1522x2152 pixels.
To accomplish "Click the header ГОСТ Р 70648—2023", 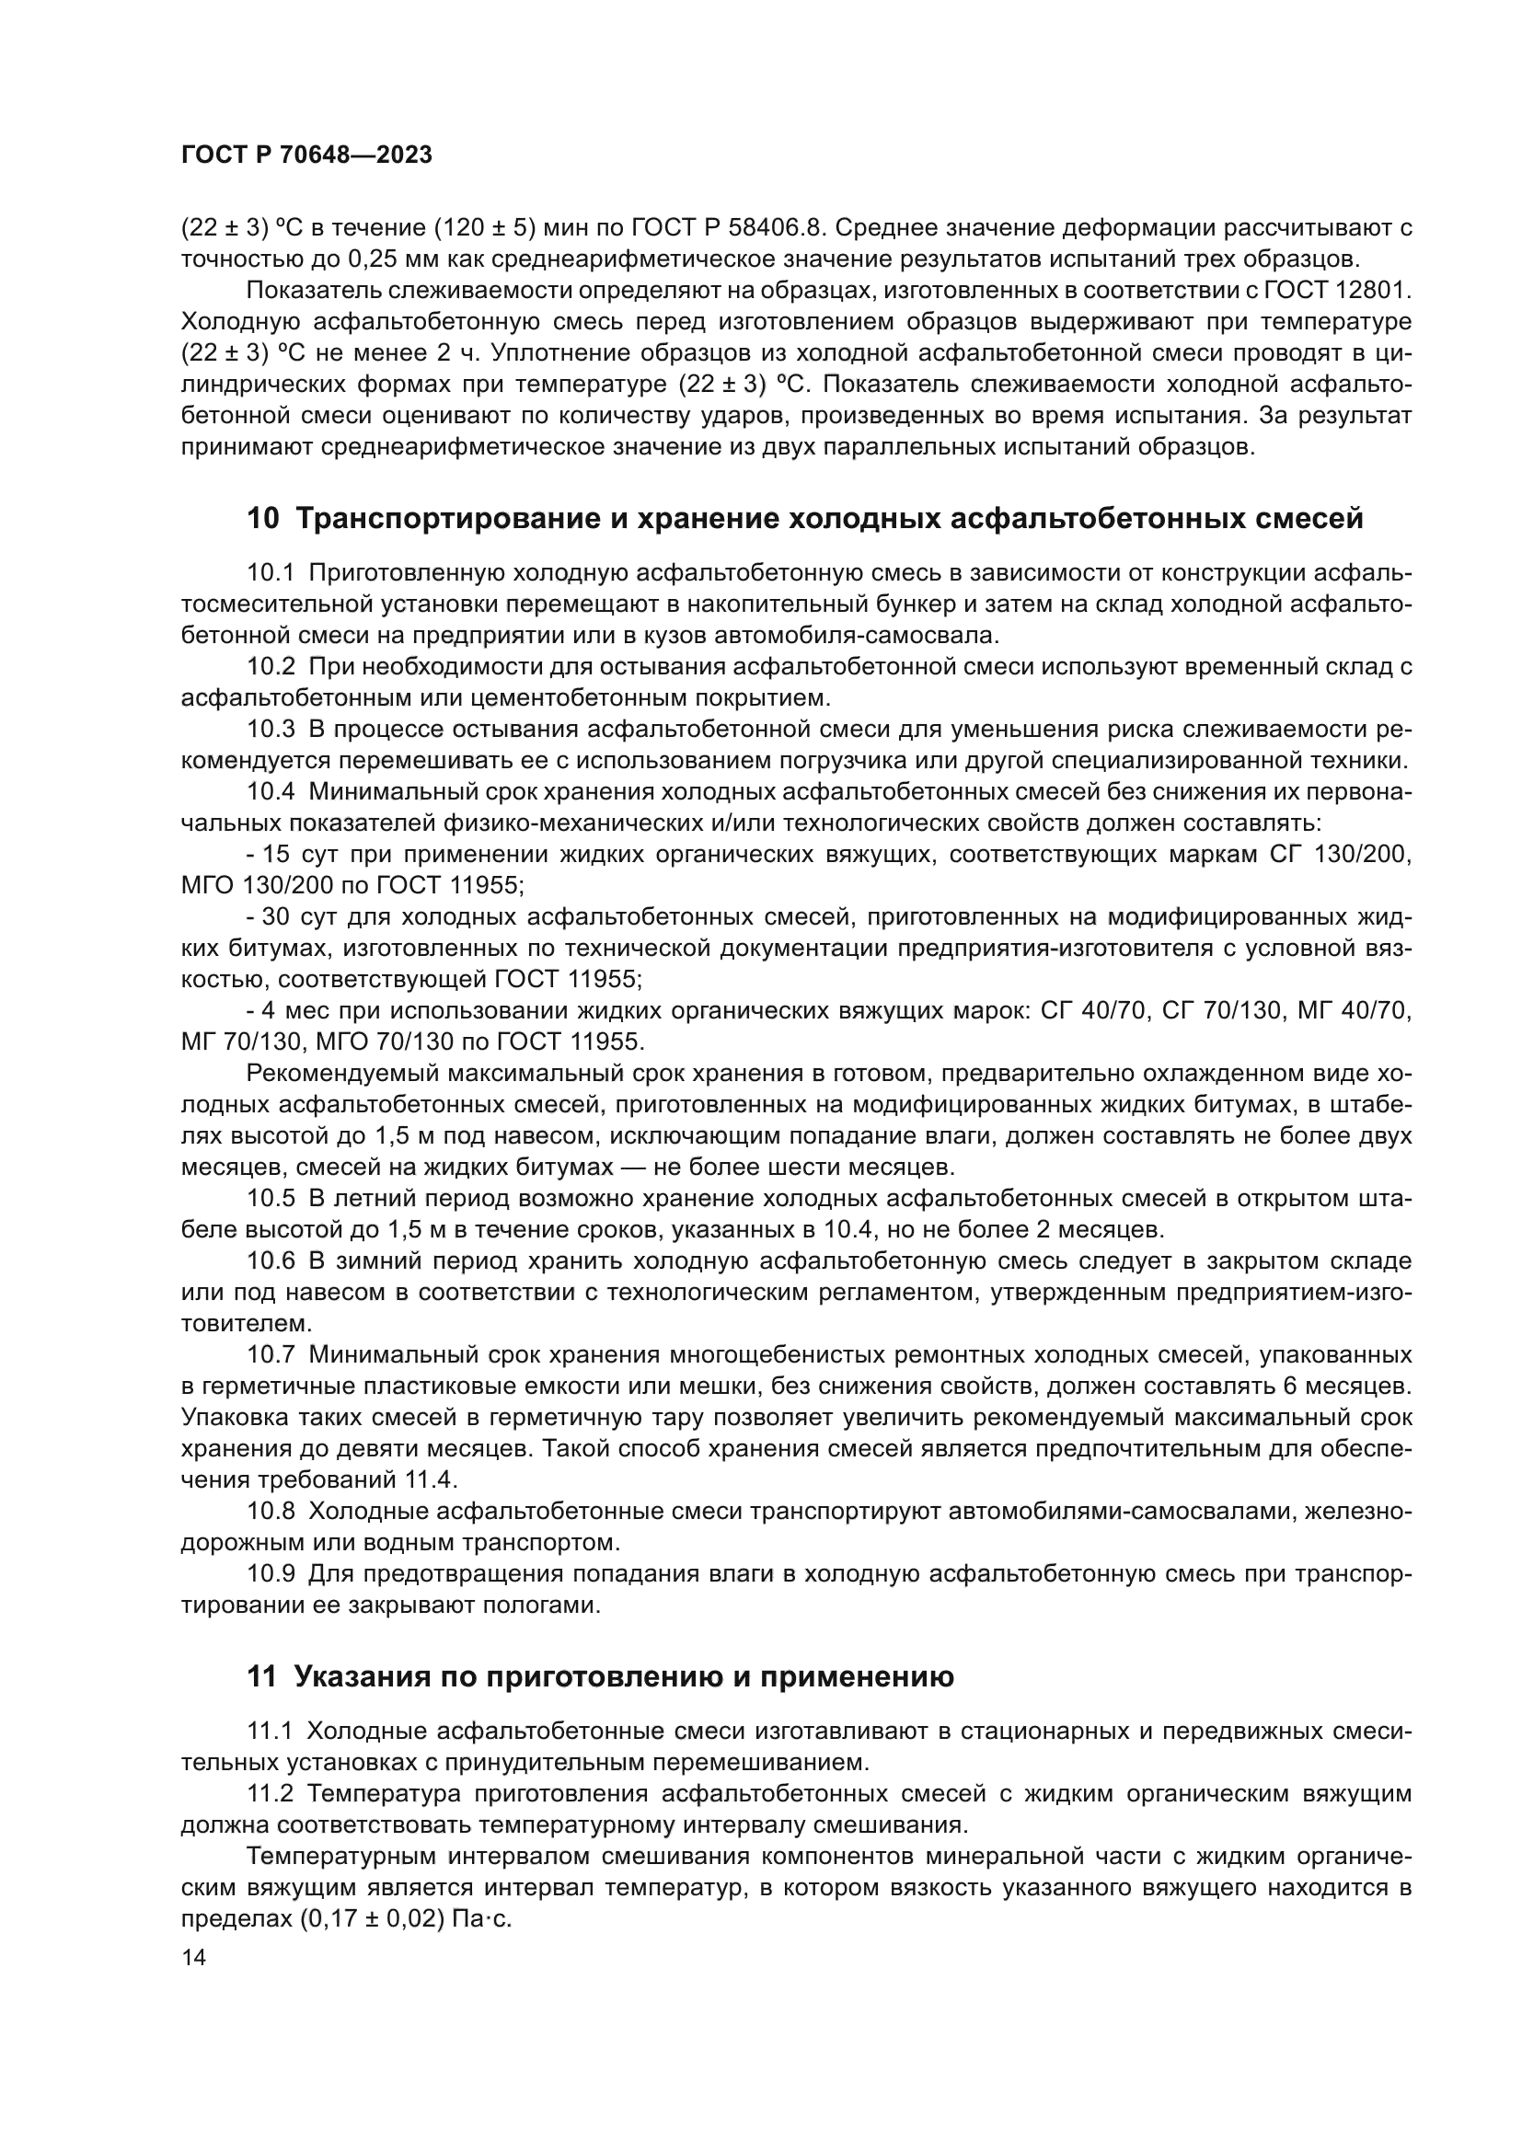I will pyautogui.click(x=306, y=155).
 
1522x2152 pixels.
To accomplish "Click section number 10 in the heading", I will pyautogui.click(x=263, y=518).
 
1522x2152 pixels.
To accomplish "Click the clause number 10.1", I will pyautogui.click(x=271, y=572).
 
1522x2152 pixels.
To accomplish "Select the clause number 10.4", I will pyautogui.click(x=271, y=792).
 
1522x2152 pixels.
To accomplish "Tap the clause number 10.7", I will pyautogui.click(x=271, y=1354).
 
